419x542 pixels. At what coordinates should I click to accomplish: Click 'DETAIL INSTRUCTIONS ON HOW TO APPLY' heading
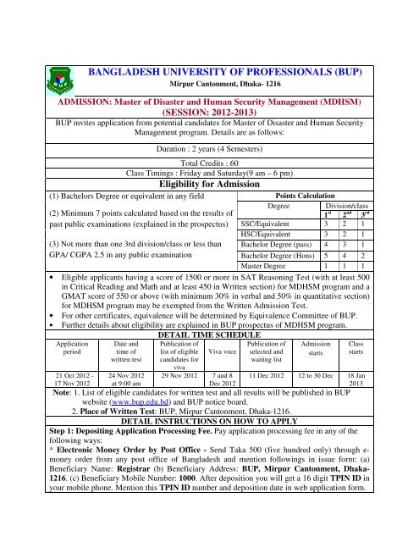207,421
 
